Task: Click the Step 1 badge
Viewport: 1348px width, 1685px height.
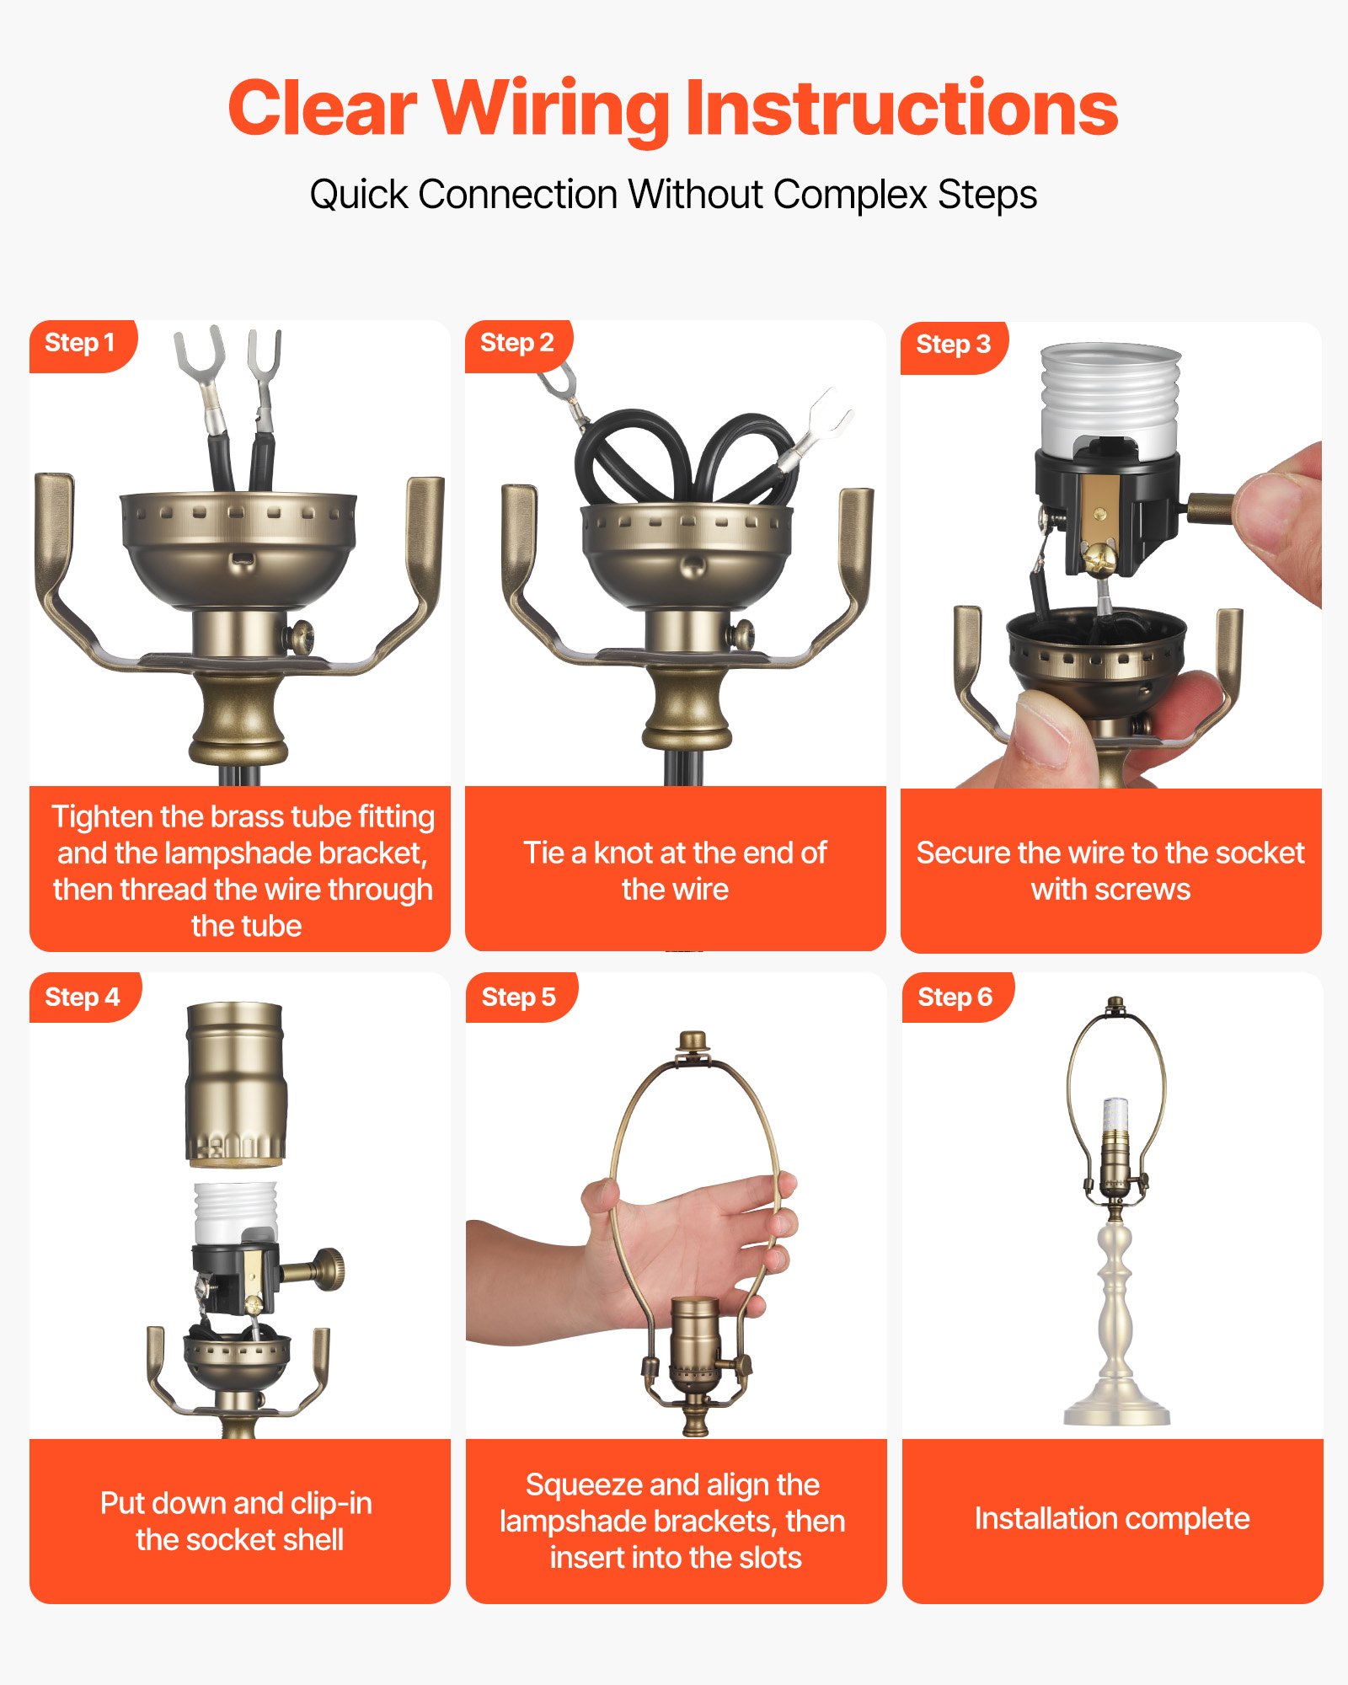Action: pyautogui.click(x=80, y=344)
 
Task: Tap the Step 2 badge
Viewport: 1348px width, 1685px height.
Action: pyautogui.click(x=516, y=344)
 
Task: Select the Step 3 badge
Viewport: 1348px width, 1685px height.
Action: pyautogui.click(x=953, y=345)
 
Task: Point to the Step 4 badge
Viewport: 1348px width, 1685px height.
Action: pyautogui.click(x=83, y=998)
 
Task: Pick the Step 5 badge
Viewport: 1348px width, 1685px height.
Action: pyautogui.click(x=518, y=998)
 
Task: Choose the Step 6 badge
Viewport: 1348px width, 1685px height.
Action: pyautogui.click(x=955, y=998)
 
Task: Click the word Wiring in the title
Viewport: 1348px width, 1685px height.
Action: pyautogui.click(x=551, y=110)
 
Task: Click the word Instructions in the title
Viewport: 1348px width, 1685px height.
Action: pyautogui.click(x=901, y=110)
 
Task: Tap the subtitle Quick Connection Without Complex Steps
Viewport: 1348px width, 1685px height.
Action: pyautogui.click(x=673, y=195)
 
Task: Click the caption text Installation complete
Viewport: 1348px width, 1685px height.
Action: pyautogui.click(x=1112, y=1518)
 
